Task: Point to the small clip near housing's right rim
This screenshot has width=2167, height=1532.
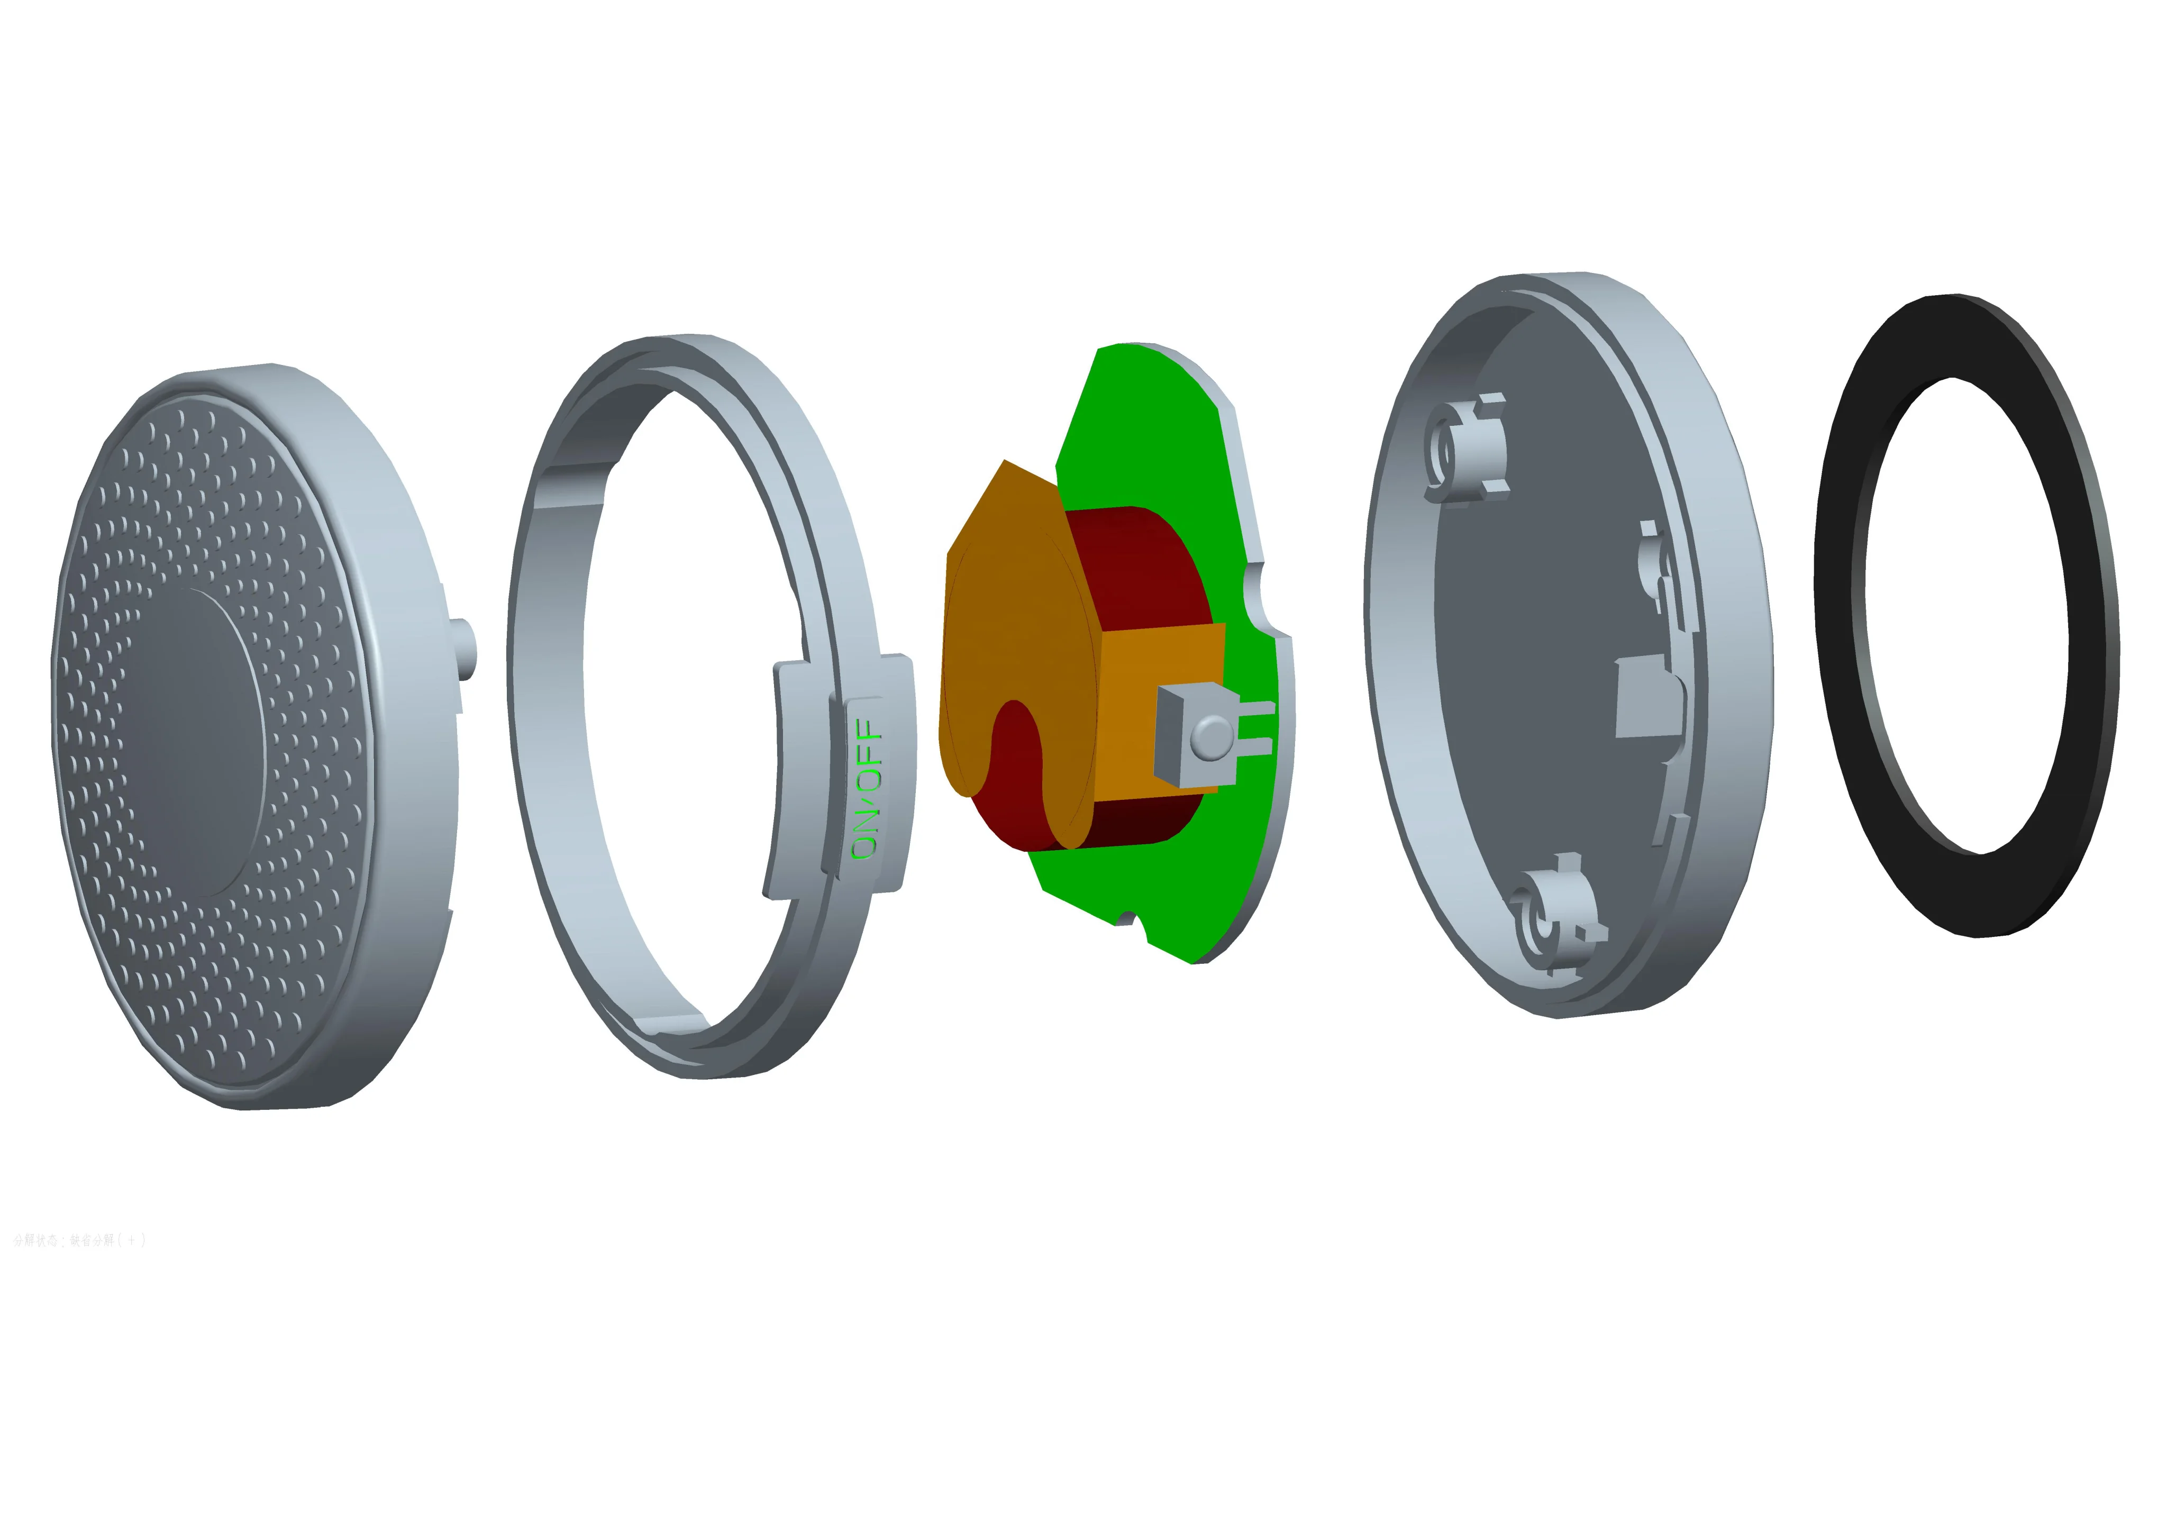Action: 1654,557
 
